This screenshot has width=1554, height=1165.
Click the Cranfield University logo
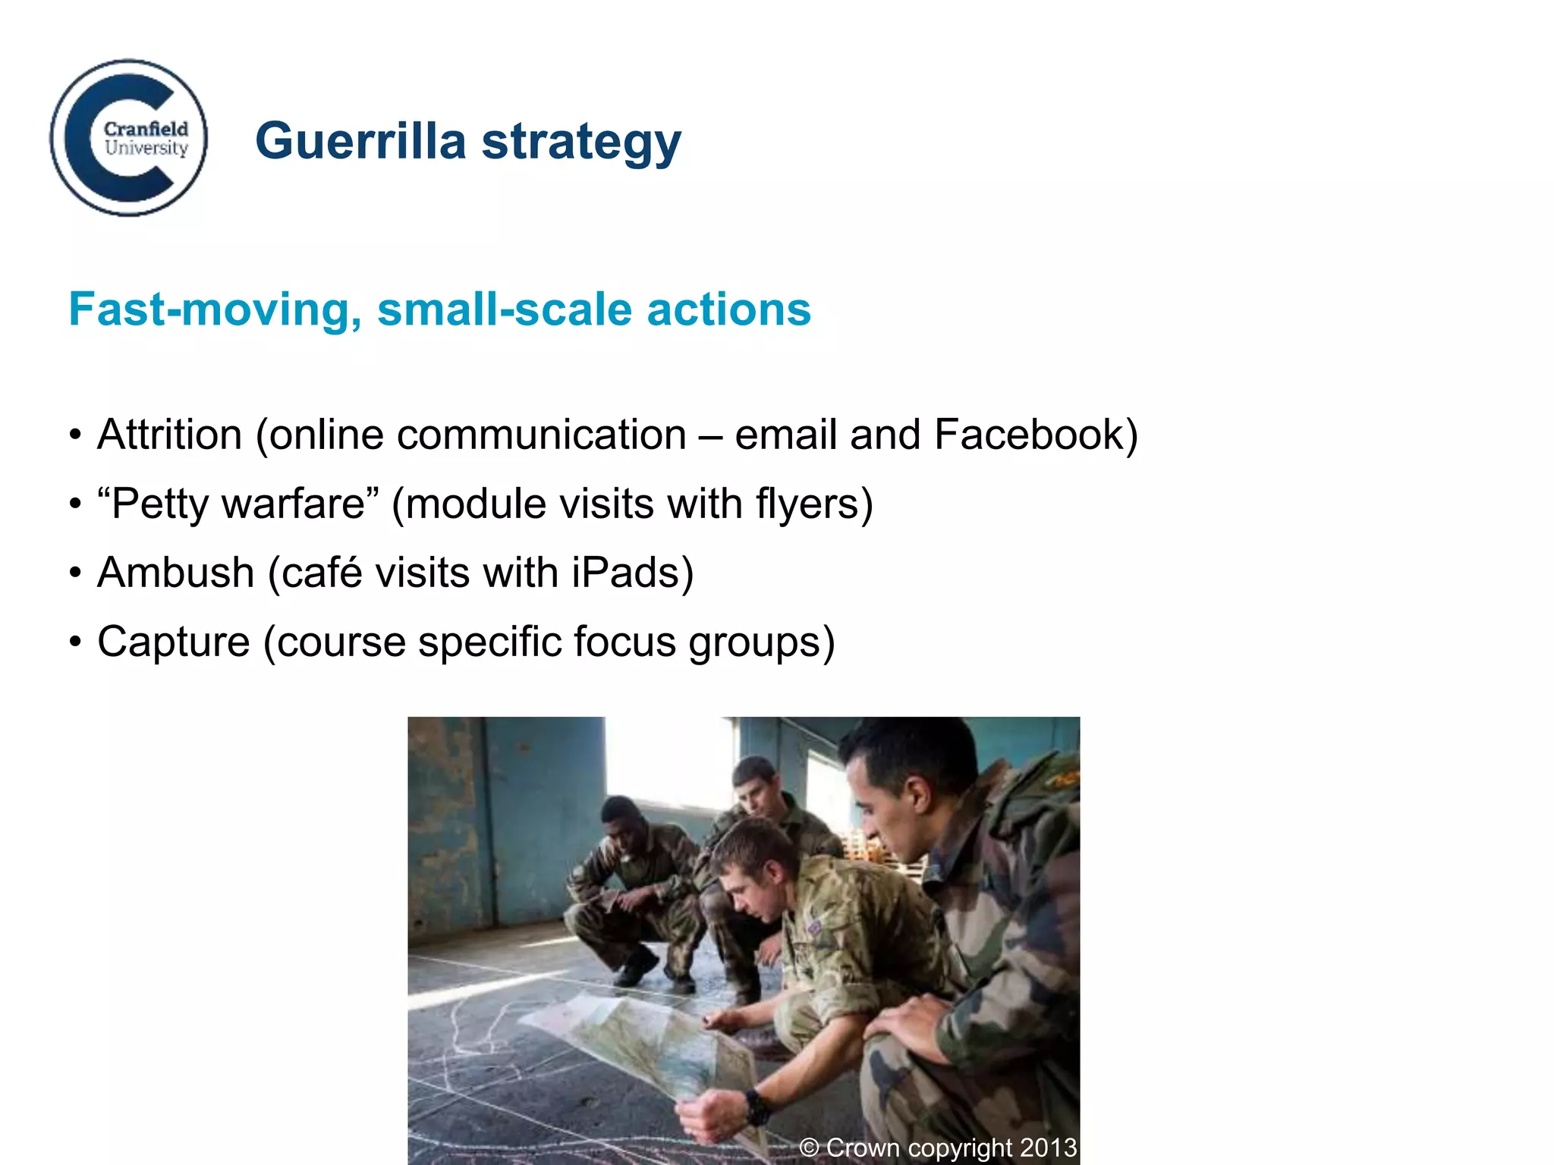(x=129, y=138)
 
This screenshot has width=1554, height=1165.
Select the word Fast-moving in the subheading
(x=215, y=310)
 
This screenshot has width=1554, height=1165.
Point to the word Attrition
(x=170, y=435)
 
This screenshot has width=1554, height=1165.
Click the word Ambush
(x=176, y=573)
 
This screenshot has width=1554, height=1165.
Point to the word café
(x=322, y=573)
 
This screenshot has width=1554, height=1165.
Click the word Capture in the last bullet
(x=174, y=642)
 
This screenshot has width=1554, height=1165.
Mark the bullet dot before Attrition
(x=75, y=435)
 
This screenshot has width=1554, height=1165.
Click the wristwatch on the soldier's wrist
(x=757, y=1106)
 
